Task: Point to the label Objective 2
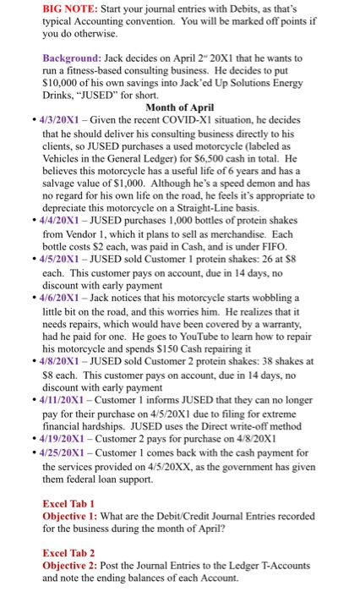[x=74, y=565]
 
